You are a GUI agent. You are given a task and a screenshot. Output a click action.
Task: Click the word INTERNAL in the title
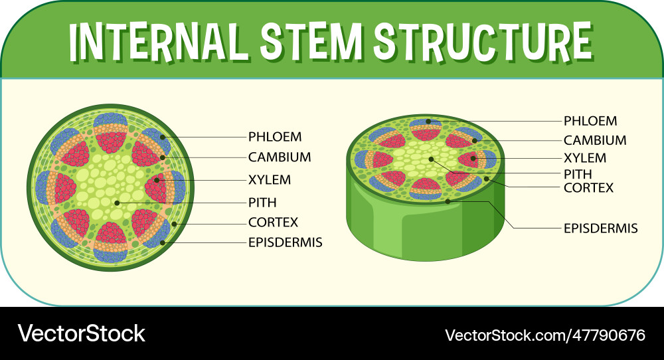tap(159, 41)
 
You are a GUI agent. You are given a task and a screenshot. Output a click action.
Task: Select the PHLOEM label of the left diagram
tap(275, 137)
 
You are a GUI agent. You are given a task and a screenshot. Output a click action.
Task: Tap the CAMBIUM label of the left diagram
tap(280, 157)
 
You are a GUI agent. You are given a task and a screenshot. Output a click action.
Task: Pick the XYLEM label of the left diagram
tap(270, 180)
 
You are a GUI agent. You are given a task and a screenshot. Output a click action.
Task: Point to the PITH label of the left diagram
tap(262, 202)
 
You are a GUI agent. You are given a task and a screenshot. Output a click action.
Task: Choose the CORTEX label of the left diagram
tap(273, 223)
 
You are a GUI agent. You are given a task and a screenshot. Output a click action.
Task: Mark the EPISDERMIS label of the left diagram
tap(285, 242)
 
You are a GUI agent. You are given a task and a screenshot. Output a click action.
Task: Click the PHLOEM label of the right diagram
tap(590, 121)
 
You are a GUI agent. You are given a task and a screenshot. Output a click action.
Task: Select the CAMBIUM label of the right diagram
tap(595, 140)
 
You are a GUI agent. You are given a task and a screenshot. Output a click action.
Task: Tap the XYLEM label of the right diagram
tap(585, 158)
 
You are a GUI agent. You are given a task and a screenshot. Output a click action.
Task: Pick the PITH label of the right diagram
tap(578, 174)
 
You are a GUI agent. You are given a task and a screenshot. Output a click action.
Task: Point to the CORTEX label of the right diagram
tap(588, 188)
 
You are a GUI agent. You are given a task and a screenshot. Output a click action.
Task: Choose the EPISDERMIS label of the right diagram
tap(600, 228)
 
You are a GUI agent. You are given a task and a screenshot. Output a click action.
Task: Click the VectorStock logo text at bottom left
tap(81, 333)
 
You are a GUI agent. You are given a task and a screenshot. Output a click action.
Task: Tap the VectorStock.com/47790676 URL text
tap(544, 334)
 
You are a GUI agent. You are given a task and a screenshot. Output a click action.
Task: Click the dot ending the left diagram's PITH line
tap(118, 202)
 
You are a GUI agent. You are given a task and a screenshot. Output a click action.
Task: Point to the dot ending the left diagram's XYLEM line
tap(157, 179)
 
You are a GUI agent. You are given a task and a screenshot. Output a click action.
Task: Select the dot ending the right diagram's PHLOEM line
tap(429, 122)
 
